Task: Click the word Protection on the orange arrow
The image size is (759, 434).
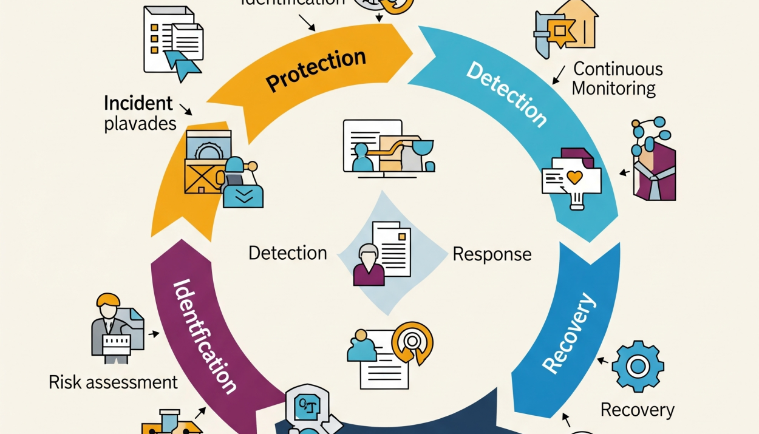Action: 316,70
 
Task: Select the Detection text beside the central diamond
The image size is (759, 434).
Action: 288,253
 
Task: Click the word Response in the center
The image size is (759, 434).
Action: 492,254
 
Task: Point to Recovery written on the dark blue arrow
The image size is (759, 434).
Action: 567,333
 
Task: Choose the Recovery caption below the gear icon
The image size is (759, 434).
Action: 637,410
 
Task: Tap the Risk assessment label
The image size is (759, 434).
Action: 114,382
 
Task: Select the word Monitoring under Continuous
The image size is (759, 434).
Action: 614,89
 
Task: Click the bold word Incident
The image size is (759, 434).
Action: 138,103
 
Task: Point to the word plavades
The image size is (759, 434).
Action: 140,124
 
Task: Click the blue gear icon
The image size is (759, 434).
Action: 638,366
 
